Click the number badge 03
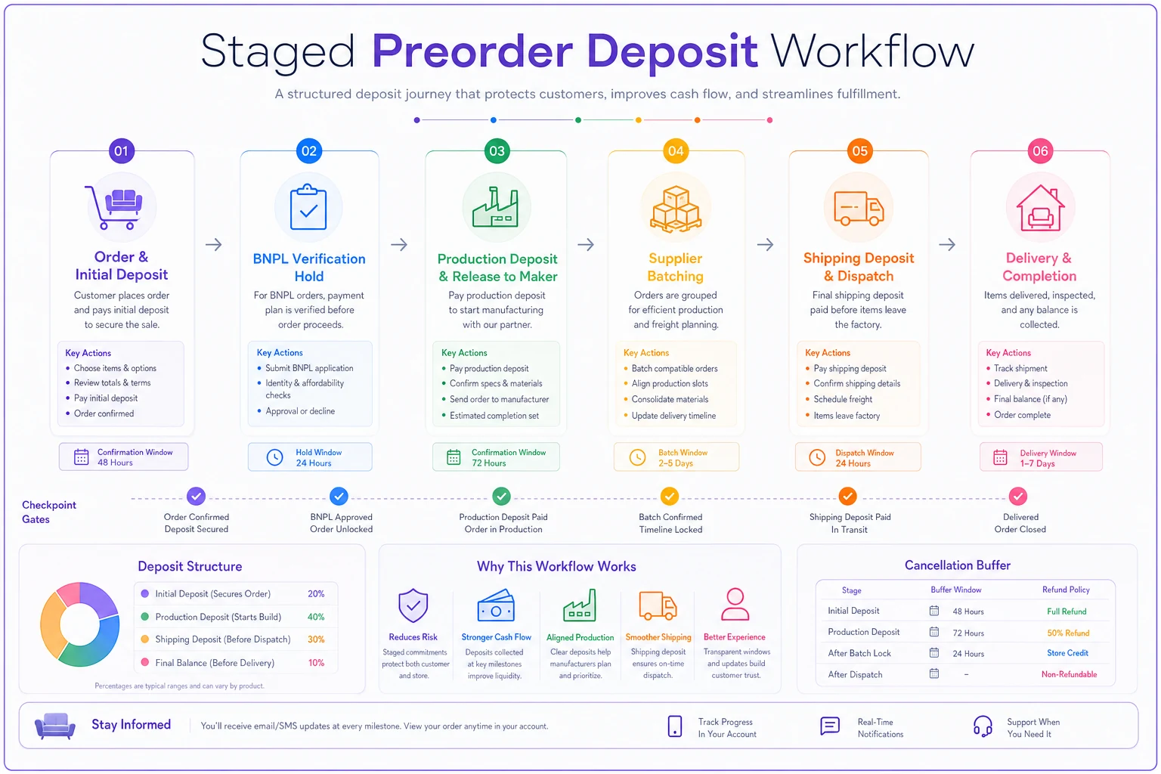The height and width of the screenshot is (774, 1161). pos(497,151)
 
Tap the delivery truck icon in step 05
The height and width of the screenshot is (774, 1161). pos(859,208)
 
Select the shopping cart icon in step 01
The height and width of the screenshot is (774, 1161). pos(115,207)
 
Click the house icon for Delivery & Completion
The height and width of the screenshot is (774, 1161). pos(1040,208)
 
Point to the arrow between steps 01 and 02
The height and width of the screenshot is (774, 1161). pos(214,245)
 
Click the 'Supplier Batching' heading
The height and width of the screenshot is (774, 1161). pos(675,267)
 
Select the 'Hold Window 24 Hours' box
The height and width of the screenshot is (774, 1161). pos(310,457)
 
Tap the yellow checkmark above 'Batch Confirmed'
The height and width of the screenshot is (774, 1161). pos(670,497)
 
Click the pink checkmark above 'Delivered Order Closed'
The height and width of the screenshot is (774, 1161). pos(1018,497)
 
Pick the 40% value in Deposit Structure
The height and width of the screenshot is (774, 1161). pos(316,617)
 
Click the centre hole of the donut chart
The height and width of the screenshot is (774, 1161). pos(80,624)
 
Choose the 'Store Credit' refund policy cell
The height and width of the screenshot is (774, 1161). pos(1067,653)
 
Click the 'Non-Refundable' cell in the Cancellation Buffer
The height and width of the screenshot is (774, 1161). pos(1070,674)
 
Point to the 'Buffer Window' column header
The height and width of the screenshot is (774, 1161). pos(955,590)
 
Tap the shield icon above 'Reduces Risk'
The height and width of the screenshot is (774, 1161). pos(413,605)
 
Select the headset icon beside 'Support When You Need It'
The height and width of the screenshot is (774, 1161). pos(982,726)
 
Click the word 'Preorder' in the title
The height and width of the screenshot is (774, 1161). pos(472,51)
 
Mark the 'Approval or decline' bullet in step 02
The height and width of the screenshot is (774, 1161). pos(300,411)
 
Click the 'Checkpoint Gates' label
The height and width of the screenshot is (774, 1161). pos(48,512)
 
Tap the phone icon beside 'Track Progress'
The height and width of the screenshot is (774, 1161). pos(675,726)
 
